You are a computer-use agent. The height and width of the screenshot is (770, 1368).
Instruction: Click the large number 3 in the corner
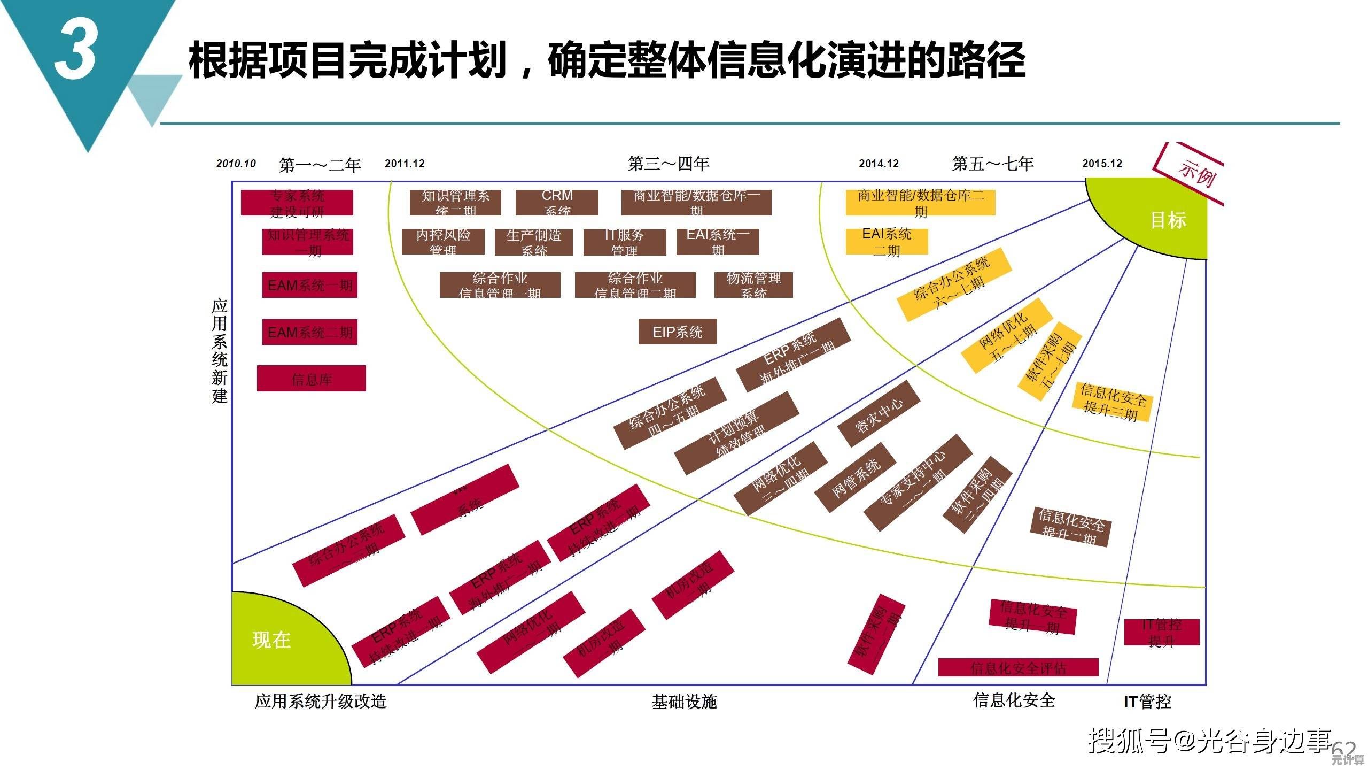coord(75,51)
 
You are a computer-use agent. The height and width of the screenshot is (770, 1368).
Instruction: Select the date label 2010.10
coord(236,164)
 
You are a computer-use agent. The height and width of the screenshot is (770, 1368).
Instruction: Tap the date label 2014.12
coord(879,164)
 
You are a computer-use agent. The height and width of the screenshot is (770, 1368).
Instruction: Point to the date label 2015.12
coord(1102,164)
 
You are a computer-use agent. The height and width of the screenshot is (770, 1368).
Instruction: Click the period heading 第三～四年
coord(668,163)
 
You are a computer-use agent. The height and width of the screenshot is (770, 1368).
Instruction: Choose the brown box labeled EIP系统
coord(677,332)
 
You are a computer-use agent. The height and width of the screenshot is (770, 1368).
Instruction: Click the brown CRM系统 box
coord(557,202)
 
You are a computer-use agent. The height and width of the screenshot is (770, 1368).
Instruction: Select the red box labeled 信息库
coord(312,379)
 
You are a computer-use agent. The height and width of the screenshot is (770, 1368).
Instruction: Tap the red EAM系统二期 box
coord(310,332)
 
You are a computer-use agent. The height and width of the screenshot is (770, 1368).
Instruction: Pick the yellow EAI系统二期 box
coord(887,242)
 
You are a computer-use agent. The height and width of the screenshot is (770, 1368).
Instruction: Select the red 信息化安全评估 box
coord(1018,667)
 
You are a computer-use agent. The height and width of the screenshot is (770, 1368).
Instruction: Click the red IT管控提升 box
coord(1161,632)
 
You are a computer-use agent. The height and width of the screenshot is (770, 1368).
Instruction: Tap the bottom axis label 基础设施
coord(684,702)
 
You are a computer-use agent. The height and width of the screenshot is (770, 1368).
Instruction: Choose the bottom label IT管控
coord(1147,702)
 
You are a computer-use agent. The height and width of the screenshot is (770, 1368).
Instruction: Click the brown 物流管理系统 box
coord(753,284)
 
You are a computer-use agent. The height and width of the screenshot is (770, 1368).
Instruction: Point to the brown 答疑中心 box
coord(879,413)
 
